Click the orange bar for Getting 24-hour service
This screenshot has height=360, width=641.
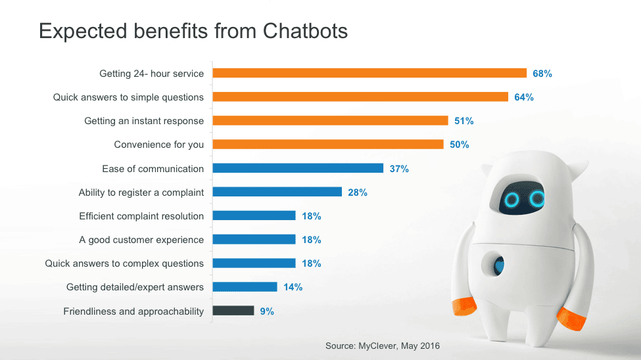369,74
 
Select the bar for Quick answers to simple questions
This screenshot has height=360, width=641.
360,97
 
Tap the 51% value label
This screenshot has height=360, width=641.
463,121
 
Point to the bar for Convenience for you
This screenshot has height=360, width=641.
327,145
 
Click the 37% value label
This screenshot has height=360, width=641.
399,169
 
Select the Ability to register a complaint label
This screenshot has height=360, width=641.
141,192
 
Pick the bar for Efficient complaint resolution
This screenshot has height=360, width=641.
254,216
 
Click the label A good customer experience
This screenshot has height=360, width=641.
141,240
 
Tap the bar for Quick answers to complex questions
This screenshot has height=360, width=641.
254,263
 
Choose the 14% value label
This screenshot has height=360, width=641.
293,287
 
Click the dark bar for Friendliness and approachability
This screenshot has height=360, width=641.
233,311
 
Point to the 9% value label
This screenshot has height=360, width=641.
267,311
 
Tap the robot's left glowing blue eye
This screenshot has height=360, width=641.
511,198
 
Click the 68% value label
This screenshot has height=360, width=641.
542,74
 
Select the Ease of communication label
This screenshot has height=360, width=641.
153,169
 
